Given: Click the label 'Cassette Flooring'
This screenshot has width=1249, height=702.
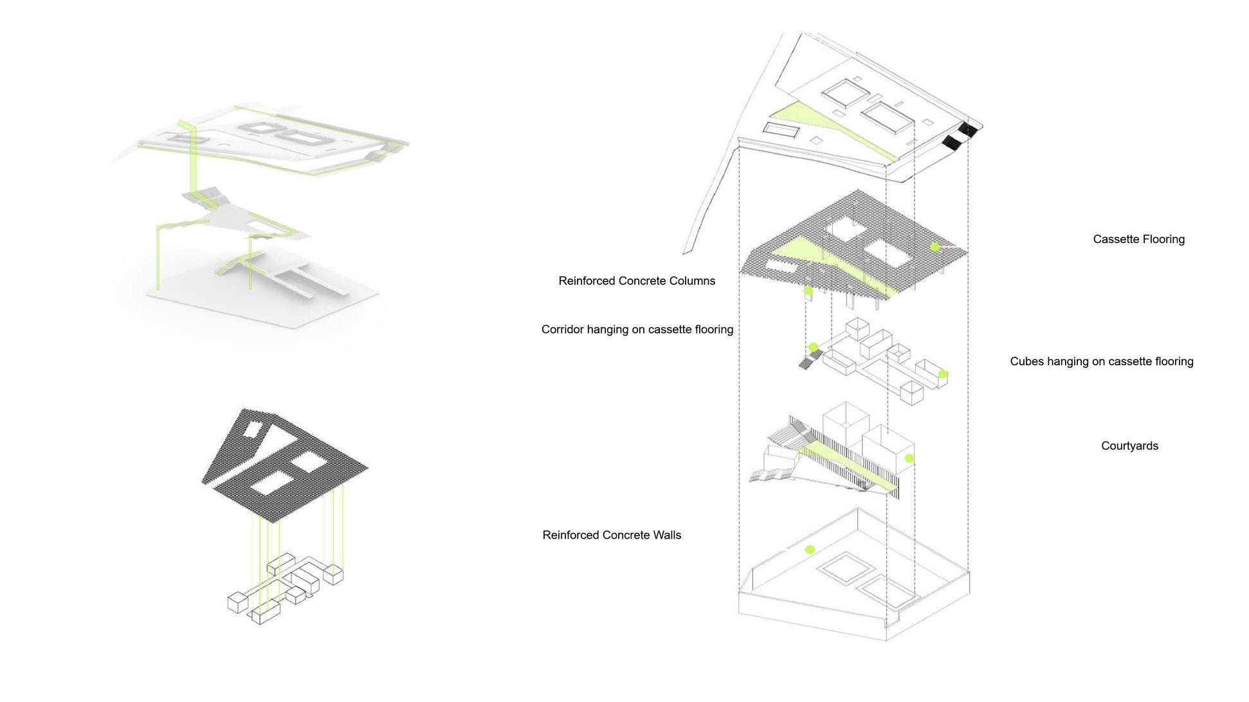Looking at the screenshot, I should click(1138, 239).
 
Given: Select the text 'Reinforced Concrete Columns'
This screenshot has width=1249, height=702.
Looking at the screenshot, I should click(636, 281).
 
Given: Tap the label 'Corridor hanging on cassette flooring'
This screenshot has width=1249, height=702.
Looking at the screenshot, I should click(637, 330).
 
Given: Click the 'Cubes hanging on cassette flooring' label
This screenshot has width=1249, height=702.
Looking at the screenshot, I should click(1101, 361).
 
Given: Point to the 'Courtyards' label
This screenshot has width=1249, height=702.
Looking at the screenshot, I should click(1129, 446).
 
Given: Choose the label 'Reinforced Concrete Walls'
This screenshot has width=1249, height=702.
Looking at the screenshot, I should click(611, 535).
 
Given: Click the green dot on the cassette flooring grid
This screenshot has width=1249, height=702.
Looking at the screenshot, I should click(935, 247).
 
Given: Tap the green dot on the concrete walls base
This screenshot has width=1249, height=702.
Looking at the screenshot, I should click(810, 550).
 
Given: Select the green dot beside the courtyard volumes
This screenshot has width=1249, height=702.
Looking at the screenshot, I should click(909, 458).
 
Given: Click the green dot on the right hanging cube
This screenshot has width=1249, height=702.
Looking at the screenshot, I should click(943, 374).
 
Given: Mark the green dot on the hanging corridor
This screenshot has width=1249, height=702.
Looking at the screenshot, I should click(813, 348).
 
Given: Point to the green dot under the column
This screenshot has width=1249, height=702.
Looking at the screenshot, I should click(809, 291).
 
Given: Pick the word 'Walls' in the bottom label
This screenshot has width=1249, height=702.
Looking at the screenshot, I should click(665, 535).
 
